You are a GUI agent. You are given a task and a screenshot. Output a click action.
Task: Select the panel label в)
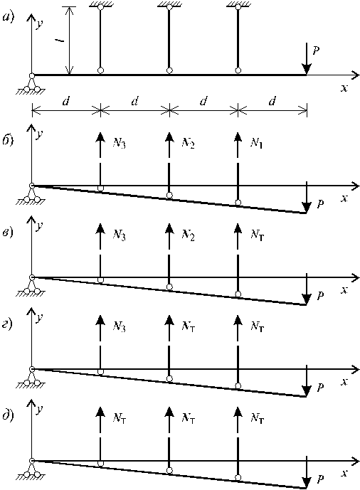tap(8, 233)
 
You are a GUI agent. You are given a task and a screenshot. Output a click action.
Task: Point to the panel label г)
tap(7, 325)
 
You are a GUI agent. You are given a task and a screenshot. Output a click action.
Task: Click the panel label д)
tap(8, 416)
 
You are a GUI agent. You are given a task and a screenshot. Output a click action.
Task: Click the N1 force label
tap(257, 143)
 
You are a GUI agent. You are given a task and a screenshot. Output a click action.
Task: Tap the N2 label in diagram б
tap(188, 143)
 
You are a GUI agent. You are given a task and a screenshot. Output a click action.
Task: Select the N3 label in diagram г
tap(120, 327)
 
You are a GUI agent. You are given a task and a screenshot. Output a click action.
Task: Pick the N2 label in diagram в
tap(188, 235)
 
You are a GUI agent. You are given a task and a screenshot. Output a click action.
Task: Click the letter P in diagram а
tap(316, 50)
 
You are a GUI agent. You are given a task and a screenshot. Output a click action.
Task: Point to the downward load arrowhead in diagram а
tap(307, 70)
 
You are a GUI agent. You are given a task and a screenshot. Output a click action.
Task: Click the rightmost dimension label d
tap(272, 101)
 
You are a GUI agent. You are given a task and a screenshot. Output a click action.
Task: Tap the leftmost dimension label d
tap(66, 101)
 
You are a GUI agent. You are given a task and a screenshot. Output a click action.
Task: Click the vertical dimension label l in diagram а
tap(59, 41)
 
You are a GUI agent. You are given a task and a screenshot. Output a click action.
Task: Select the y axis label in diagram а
tap(39, 23)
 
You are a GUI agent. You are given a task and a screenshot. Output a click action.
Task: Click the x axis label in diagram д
tap(344, 473)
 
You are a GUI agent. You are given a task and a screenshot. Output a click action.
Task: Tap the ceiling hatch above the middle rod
tap(169, 3)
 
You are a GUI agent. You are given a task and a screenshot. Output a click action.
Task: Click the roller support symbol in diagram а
tap(31, 85)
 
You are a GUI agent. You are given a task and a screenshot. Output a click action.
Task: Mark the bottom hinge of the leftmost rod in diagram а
tap(100, 70)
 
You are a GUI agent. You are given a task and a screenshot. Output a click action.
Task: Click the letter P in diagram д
tap(320, 479)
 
